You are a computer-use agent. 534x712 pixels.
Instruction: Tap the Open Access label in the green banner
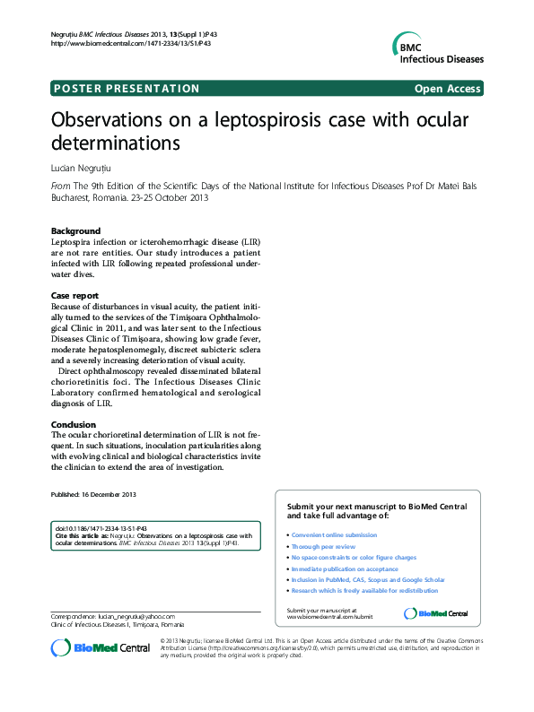pos(447,89)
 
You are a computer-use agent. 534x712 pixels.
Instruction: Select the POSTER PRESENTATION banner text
pos(127,89)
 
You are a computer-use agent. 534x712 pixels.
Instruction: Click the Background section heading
pos(75,230)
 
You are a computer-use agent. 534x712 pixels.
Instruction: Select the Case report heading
pos(74,295)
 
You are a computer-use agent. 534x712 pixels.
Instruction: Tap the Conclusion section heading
pos(74,424)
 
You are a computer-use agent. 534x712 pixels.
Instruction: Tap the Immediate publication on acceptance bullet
pos(345,569)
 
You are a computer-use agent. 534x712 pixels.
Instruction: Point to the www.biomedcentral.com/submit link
pos(328,617)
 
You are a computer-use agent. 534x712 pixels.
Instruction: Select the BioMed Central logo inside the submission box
pos(436,613)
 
